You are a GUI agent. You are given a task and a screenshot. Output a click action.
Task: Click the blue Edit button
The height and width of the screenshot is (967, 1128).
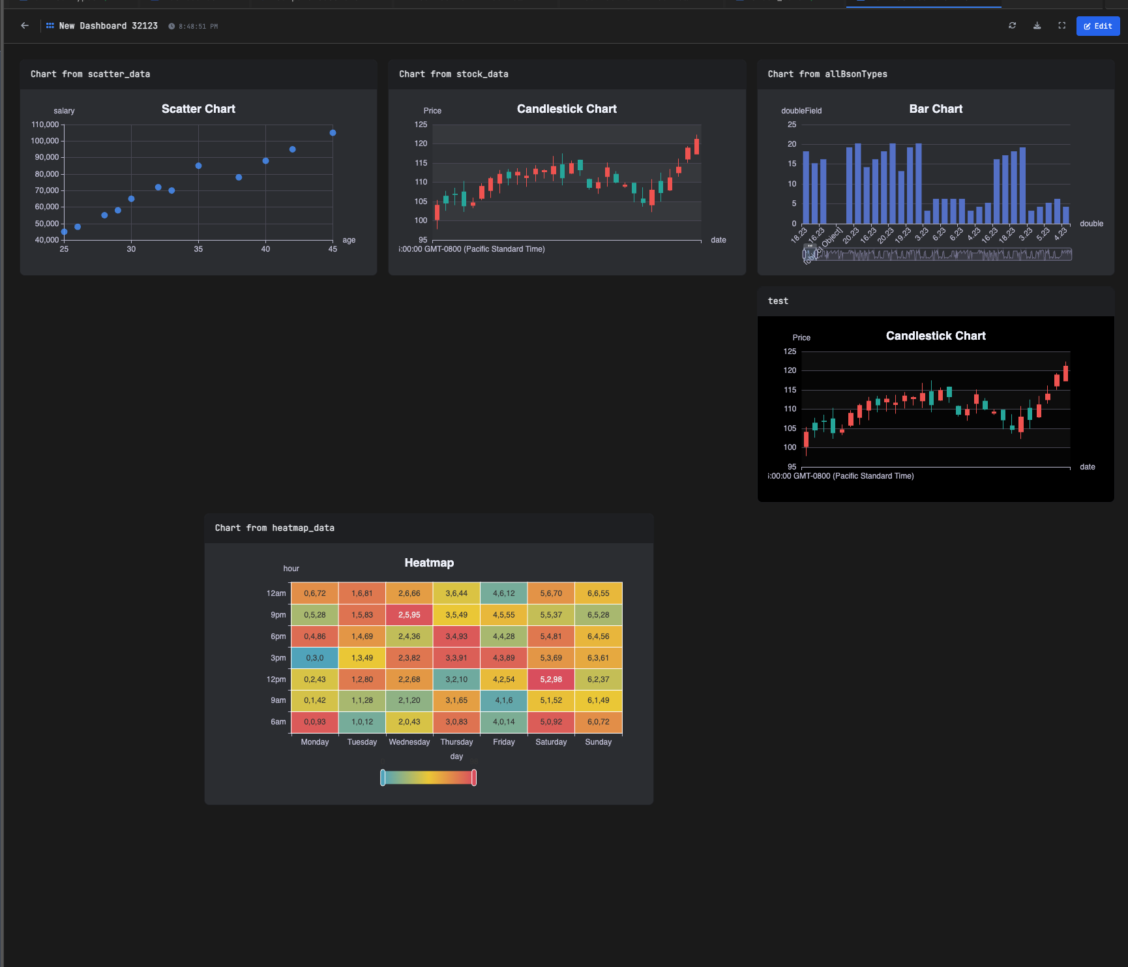coord(1097,26)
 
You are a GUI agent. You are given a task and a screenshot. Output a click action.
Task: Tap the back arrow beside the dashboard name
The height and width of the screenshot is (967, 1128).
coord(25,25)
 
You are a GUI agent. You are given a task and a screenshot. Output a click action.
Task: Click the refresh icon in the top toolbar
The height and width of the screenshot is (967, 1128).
coord(1012,25)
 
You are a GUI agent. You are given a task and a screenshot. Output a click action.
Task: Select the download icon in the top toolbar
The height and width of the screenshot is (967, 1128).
coord(1037,25)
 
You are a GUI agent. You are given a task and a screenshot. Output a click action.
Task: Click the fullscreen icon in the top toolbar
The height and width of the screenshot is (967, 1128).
coord(1061,25)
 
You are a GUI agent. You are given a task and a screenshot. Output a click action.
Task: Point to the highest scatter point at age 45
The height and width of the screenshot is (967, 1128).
coord(333,133)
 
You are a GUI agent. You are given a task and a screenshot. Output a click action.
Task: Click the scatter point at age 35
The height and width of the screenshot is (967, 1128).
coord(198,166)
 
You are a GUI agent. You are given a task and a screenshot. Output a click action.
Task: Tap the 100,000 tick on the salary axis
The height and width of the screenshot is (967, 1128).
coord(45,141)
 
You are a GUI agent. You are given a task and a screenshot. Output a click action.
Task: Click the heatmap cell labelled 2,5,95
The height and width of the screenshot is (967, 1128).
coord(409,615)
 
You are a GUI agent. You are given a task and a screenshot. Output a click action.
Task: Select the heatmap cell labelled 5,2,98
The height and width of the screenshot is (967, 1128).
coord(551,679)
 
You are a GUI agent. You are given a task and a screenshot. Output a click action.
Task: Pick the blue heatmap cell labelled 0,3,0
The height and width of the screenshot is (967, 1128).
coord(314,658)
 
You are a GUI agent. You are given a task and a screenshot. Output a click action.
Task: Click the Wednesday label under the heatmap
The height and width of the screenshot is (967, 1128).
coord(409,742)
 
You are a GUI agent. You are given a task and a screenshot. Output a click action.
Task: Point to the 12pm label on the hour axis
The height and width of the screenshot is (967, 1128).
coord(276,679)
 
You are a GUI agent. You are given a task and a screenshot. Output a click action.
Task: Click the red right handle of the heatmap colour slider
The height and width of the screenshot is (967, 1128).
coord(474,777)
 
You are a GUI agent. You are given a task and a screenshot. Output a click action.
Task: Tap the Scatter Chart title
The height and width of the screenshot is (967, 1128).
coord(198,109)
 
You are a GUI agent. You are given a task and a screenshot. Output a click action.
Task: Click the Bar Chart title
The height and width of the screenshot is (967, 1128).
coord(936,109)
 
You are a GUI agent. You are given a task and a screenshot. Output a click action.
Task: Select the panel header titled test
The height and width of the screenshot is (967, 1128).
coord(778,301)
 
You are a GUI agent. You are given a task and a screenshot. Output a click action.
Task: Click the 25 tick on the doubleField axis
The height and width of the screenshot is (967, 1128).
coord(792,125)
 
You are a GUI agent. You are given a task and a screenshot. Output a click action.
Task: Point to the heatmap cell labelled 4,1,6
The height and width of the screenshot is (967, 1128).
coord(503,700)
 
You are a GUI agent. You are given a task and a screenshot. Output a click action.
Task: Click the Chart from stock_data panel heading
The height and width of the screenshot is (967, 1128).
coord(453,74)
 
